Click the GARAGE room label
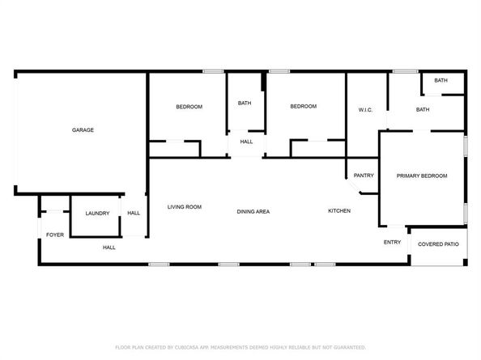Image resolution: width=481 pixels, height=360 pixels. tap(83, 130)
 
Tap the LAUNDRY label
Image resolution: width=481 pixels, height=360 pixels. tap(97, 214)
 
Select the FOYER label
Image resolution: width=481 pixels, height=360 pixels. tap(55, 235)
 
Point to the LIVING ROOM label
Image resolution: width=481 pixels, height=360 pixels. tap(185, 207)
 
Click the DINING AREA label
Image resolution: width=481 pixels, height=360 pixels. tap(253, 211)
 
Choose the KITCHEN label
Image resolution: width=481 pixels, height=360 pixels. tap(339, 211)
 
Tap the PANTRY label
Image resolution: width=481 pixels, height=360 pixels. tap(364, 176)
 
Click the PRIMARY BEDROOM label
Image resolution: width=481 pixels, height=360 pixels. tap(422, 176)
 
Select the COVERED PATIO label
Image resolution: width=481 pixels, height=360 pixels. tap(438, 244)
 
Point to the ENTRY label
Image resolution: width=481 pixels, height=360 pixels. tap(392, 243)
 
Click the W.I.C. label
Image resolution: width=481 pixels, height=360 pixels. tap(365, 110)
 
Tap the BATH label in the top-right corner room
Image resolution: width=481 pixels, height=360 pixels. tap(441, 80)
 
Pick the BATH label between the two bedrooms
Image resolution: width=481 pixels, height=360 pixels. tap(245, 103)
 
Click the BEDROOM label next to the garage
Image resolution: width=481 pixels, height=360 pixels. tap(189, 107)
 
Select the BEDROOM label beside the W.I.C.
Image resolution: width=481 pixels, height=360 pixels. tap(304, 106)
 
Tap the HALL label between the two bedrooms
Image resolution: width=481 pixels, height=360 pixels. tap(246, 142)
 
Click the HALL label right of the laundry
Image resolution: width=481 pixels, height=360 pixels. tap(134, 213)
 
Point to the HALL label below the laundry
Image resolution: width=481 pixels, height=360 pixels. tap(109, 248)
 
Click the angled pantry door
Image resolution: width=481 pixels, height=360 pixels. tap(353, 186)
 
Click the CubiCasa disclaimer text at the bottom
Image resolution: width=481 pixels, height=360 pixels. tap(240, 347)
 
